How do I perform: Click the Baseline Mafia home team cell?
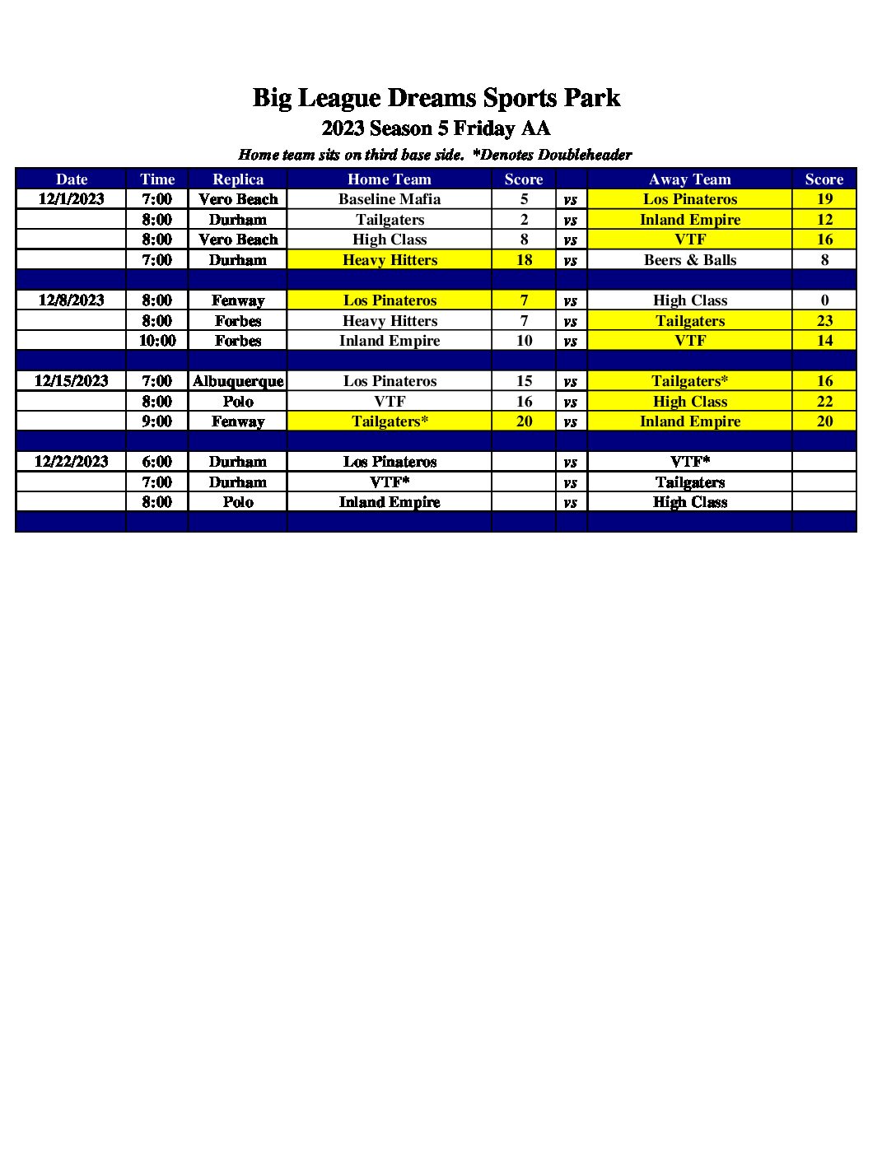pos(390,199)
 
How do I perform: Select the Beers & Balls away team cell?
pos(690,260)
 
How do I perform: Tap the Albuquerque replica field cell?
pos(238,381)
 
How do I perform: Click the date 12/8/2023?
pos(72,300)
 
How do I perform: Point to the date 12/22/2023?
pos(72,462)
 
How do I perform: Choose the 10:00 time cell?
pos(157,341)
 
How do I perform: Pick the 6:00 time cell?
pos(157,462)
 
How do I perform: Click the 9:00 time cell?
pos(157,421)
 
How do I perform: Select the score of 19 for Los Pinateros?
pos(824,199)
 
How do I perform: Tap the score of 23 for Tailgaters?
pos(824,321)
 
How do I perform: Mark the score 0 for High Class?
pos(824,300)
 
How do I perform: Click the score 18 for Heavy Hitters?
pos(524,260)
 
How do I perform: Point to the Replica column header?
pos(238,179)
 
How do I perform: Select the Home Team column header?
pos(390,179)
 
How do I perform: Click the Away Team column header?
pos(690,179)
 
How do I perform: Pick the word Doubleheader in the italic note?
pos(585,155)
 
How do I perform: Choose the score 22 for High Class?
pos(824,402)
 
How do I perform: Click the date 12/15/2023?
pos(72,381)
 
